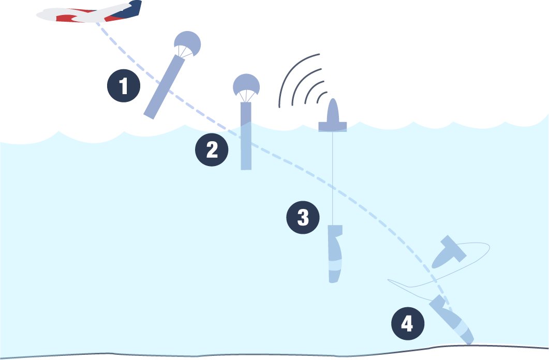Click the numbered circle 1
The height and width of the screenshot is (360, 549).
tap(124, 86)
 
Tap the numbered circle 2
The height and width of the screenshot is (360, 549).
tap(212, 150)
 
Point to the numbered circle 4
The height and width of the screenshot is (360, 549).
tap(408, 324)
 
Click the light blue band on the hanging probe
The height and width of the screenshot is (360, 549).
tap(335, 265)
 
